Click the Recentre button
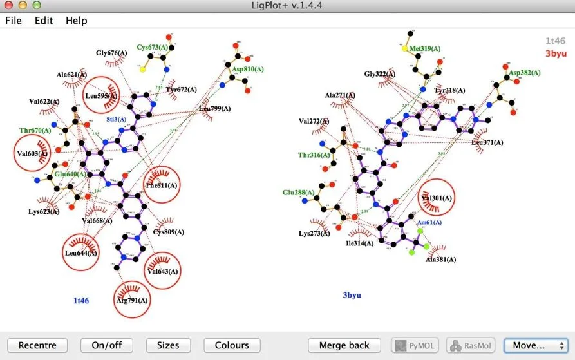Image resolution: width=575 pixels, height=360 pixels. [x=37, y=345]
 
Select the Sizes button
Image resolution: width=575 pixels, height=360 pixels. [x=168, y=345]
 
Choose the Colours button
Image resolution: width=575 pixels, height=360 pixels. [x=232, y=345]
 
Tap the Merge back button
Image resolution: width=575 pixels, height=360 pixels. [x=344, y=345]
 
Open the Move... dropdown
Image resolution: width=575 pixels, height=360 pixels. [x=535, y=345]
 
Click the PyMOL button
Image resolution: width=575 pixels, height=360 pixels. [x=415, y=345]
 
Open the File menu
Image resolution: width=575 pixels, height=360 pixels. [x=14, y=21]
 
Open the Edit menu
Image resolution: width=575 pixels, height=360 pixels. [x=44, y=21]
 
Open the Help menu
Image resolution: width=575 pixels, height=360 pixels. [x=76, y=21]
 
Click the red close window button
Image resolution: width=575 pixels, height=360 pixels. [x=8, y=5]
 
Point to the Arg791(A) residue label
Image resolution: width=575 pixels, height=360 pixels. [x=132, y=300]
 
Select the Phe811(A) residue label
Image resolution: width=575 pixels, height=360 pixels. [x=162, y=185]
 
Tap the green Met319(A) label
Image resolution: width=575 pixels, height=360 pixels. [x=425, y=48]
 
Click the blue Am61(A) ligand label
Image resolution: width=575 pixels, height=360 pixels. [x=429, y=222]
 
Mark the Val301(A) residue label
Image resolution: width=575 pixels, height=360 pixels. [x=437, y=198]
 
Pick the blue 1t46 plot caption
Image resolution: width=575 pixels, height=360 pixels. [x=80, y=300]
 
